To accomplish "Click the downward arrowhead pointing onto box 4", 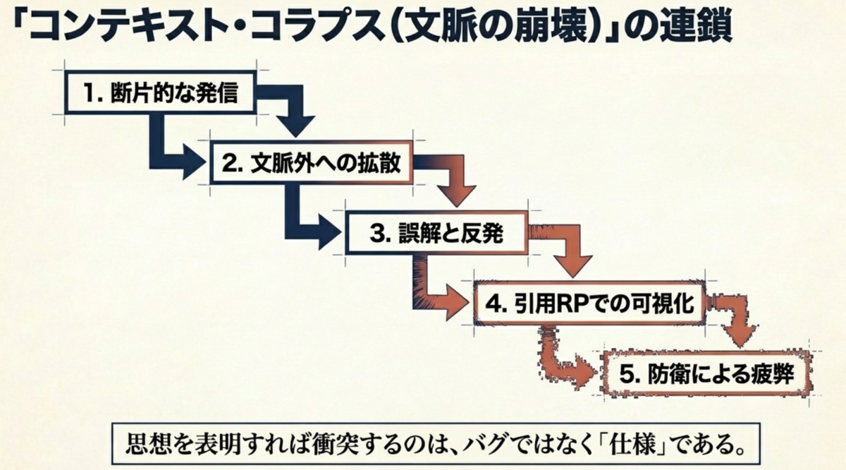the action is pos(573,267).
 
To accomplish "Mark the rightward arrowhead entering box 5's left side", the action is pos(586,373).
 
